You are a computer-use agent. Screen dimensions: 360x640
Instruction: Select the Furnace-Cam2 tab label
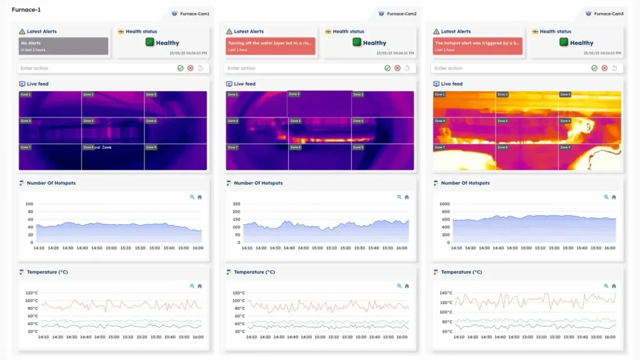401,14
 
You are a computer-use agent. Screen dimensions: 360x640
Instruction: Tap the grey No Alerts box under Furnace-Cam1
63,46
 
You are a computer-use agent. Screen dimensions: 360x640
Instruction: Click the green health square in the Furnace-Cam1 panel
150,42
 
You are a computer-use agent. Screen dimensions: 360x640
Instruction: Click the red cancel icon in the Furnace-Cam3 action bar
604,68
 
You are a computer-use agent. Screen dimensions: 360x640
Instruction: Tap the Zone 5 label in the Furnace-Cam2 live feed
294,121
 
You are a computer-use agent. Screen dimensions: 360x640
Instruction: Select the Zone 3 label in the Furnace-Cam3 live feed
564,94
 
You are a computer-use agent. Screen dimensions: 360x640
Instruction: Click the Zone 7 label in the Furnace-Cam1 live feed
25,147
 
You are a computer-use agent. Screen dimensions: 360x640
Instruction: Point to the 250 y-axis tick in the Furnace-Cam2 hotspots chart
236,204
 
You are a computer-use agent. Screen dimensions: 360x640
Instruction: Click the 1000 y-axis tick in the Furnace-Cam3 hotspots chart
444,204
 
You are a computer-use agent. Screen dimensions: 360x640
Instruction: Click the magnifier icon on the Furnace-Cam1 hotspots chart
192,197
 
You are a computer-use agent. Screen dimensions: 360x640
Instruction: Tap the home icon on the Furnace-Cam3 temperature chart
614,286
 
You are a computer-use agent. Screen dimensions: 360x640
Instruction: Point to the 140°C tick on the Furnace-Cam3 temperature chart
446,292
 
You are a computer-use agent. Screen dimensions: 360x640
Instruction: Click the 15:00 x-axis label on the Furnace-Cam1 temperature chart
111,337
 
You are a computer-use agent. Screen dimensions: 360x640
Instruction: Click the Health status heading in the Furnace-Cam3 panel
556,31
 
